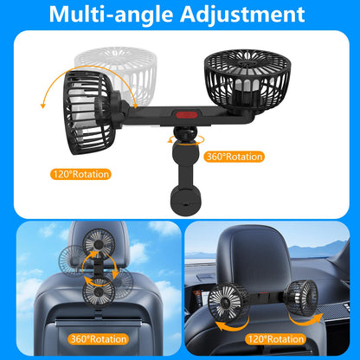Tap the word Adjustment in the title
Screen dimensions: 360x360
(x=242, y=14)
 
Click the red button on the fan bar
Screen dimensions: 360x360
(x=185, y=114)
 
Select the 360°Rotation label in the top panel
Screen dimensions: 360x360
(x=235, y=157)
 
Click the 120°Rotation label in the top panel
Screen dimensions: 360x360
(x=80, y=174)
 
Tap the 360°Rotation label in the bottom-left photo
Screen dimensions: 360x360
(x=98, y=339)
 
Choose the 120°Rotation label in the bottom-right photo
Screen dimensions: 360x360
(x=275, y=339)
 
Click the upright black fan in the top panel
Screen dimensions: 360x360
(x=247, y=80)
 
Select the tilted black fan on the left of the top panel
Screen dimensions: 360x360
(x=89, y=112)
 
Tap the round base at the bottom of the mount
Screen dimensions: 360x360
(x=185, y=201)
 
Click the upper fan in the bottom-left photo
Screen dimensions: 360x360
(x=99, y=243)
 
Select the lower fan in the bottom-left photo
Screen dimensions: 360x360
(x=99, y=292)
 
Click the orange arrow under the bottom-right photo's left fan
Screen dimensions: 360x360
(x=232, y=324)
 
